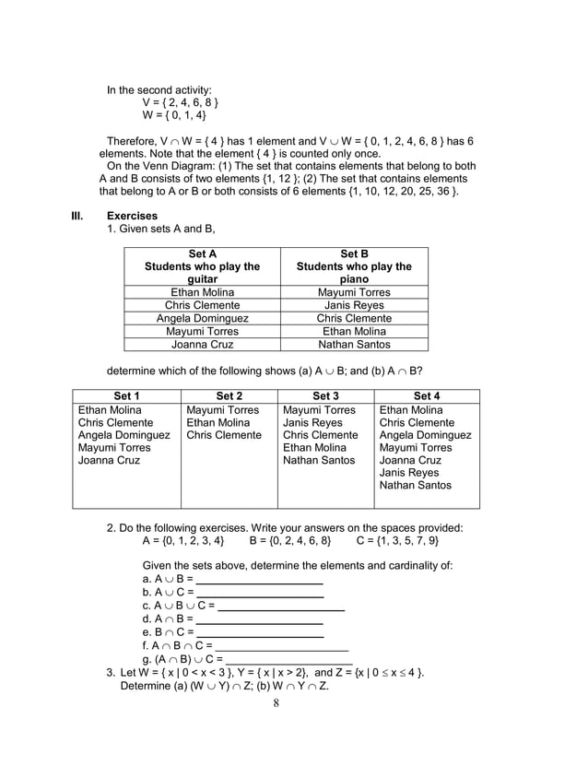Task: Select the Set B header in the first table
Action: pos(354,253)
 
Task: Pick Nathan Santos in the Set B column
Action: pos(354,344)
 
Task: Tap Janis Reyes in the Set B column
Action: pos(354,305)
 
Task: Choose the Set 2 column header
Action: pos(229,396)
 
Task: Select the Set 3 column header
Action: pos(325,396)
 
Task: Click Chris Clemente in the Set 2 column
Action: pos(225,435)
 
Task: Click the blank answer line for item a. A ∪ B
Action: pos(260,583)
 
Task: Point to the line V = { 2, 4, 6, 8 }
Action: pos(180,102)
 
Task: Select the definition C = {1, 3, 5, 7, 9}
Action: pos(397,540)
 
